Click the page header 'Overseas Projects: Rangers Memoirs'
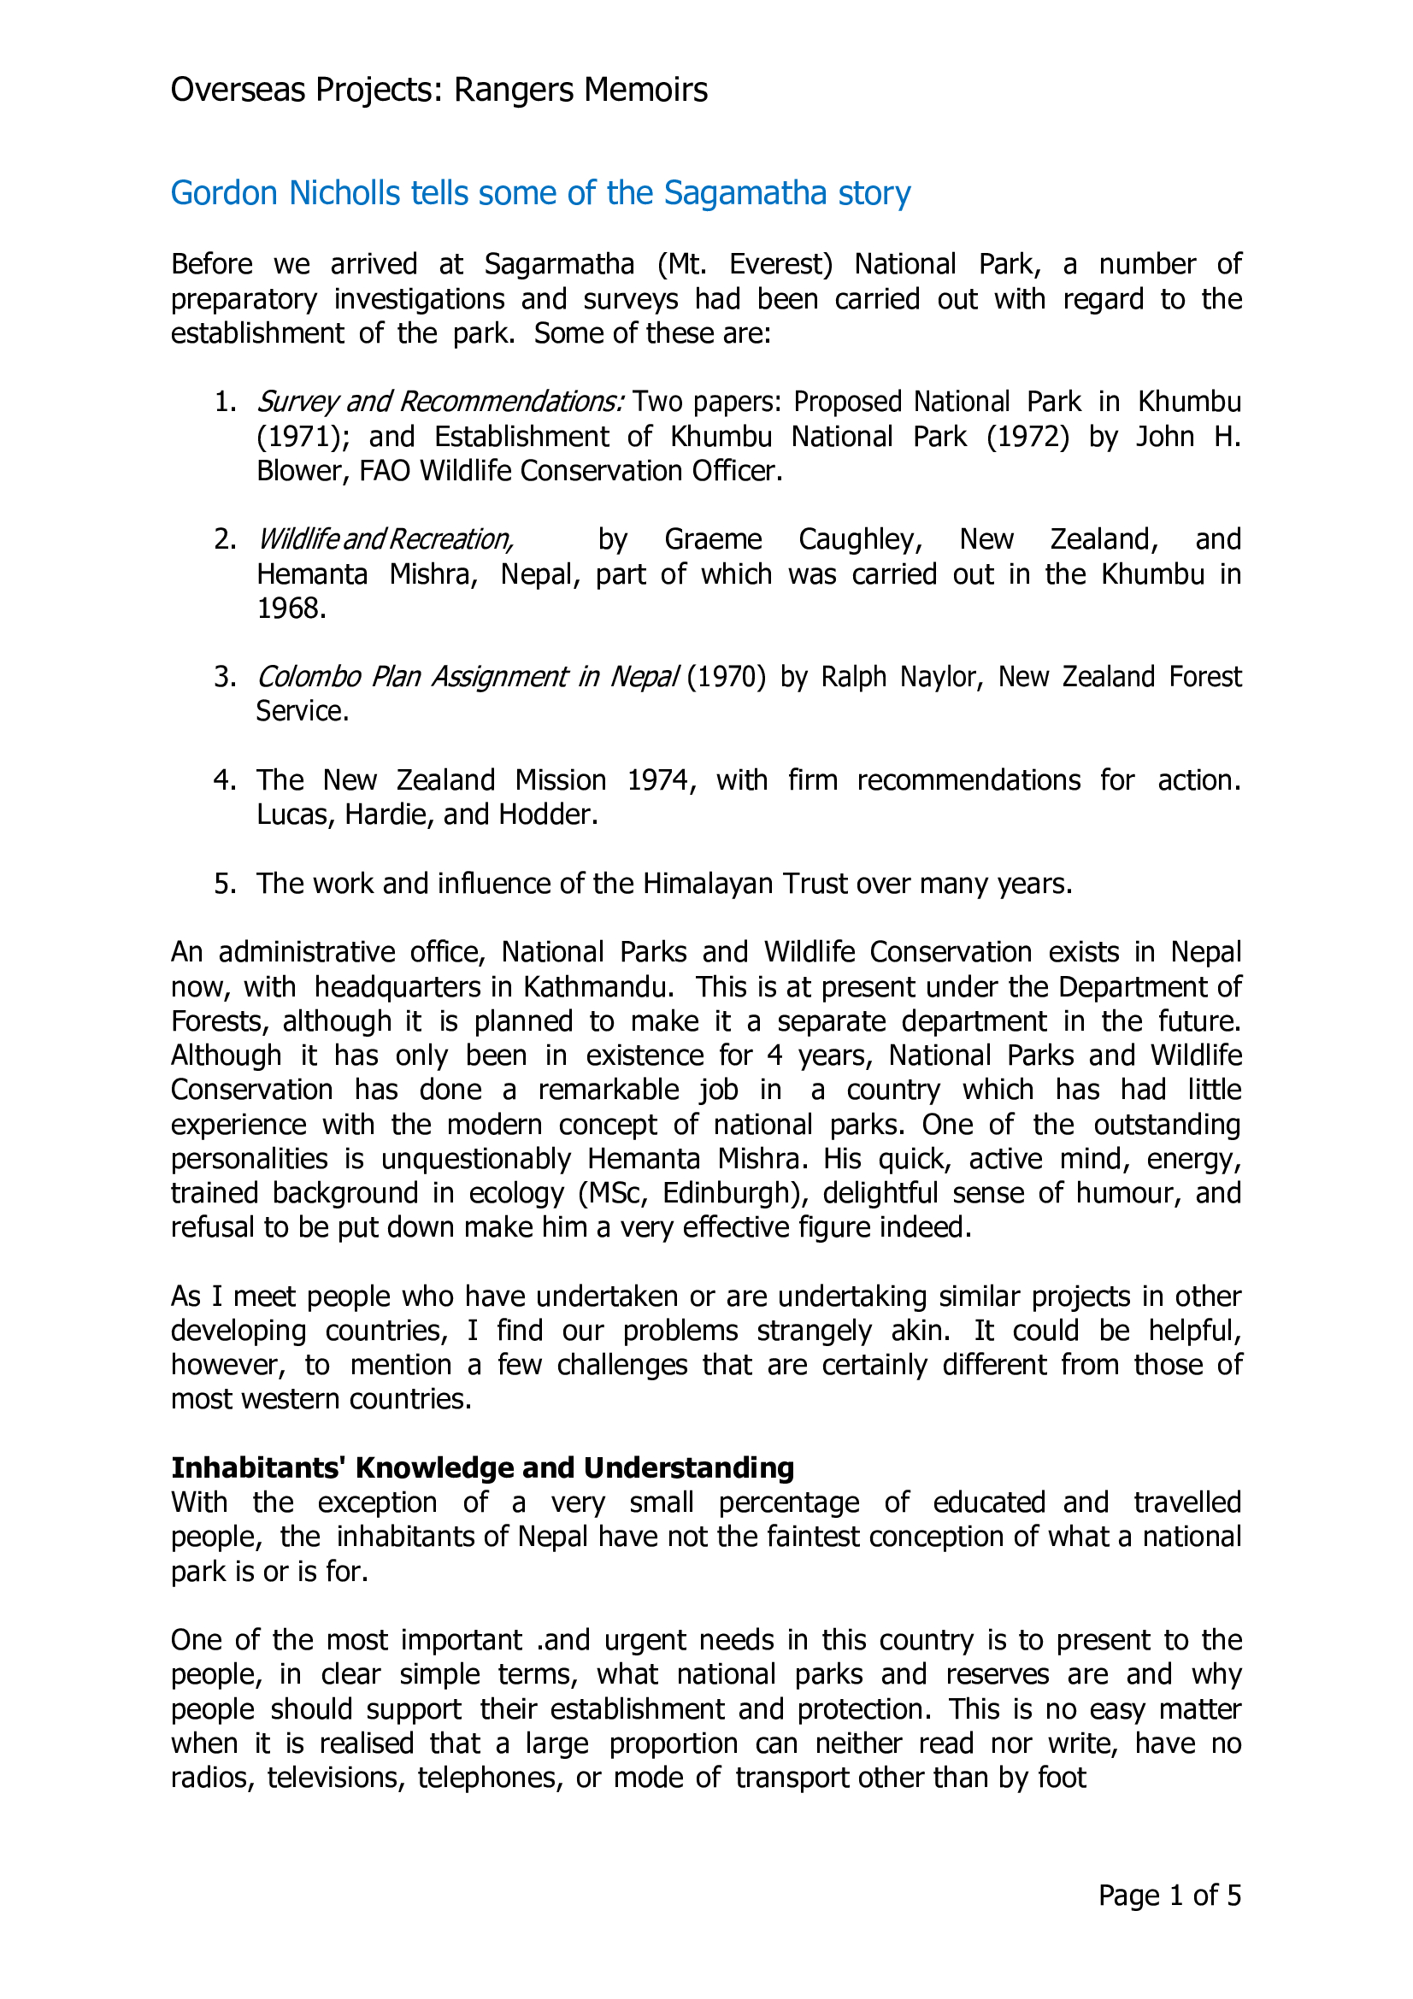coord(439,91)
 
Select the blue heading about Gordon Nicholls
coord(539,193)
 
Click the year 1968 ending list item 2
coord(291,609)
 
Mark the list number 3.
coord(225,678)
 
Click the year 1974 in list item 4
coord(661,780)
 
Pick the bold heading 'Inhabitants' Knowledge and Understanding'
coord(482,1468)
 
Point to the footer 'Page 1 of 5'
coord(1169,1896)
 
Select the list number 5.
coord(225,884)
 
